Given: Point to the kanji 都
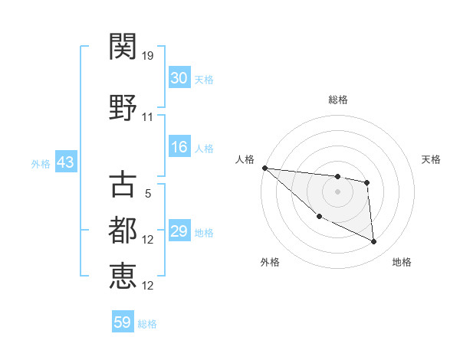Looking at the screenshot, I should [x=123, y=229].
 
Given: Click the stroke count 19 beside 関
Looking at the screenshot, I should [x=148, y=56].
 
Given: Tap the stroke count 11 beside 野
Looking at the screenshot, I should [x=148, y=117].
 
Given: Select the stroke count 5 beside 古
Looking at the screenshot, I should [x=148, y=194].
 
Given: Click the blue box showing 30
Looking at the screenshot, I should [x=179, y=79].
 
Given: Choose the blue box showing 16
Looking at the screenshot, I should [x=179, y=148].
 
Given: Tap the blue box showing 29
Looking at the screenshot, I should [x=179, y=232].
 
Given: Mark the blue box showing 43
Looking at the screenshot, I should [x=65, y=163].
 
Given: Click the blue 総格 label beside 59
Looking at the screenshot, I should [x=147, y=324].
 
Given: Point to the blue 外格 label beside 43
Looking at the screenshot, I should [x=41, y=164].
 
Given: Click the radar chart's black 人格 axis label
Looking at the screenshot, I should [x=245, y=159].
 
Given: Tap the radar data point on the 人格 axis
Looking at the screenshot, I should [x=264, y=168].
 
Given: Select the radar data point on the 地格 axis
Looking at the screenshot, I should [x=374, y=242].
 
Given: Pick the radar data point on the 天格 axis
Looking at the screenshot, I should [x=367, y=182].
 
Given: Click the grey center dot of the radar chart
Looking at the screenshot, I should [x=337, y=191].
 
